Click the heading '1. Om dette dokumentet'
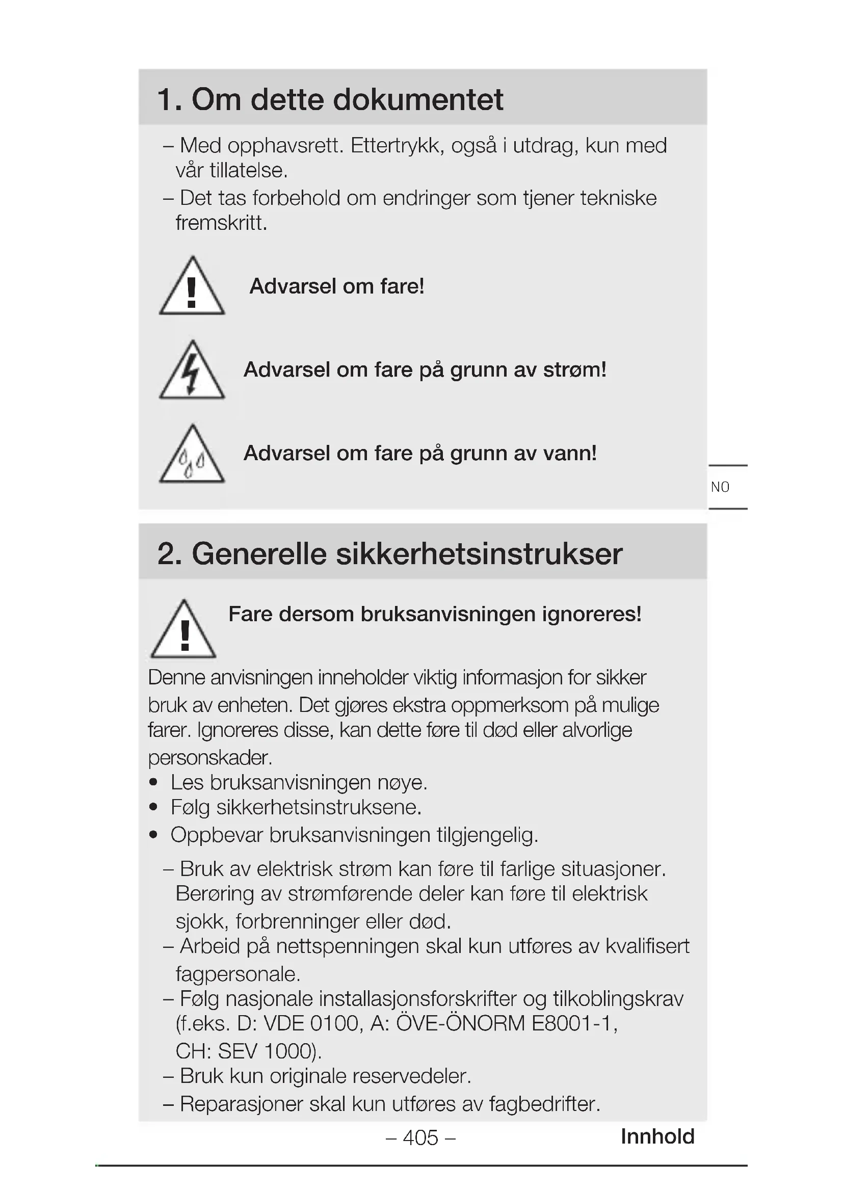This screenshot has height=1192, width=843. coord(330,99)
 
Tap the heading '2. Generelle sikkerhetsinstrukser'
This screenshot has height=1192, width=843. coord(389,553)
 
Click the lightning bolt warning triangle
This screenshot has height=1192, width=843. coord(192,371)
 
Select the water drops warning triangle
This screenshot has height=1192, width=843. coord(192,455)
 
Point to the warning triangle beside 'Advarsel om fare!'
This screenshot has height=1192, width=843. coord(192,287)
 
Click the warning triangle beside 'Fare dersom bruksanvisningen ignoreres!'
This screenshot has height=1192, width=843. coord(183,630)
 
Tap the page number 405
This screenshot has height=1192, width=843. coord(420,1137)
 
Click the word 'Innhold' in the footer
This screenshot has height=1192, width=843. coord(657,1136)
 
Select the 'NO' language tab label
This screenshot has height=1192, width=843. coord(720,487)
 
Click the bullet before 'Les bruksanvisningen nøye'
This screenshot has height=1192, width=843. coord(153,782)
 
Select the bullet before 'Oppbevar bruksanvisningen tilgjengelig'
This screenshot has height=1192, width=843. coord(153,835)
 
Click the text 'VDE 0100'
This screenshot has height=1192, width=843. coord(311,1024)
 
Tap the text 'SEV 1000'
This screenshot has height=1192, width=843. coord(266,1051)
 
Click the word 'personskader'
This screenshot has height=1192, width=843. coord(209,757)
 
